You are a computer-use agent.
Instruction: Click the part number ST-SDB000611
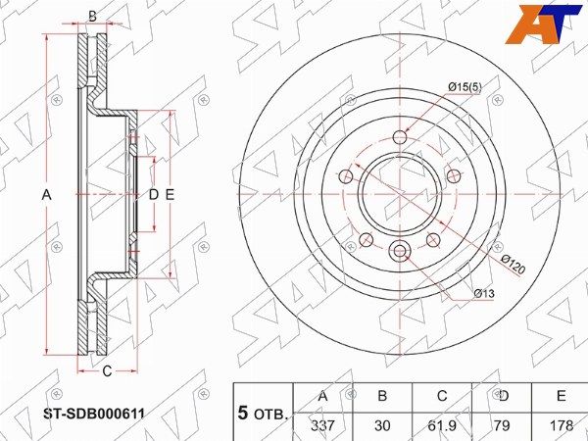tap(94, 414)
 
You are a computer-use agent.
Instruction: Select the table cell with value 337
tap(322, 425)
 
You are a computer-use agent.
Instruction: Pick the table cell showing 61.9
tap(443, 425)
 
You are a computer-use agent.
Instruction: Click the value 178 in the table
tap(562, 425)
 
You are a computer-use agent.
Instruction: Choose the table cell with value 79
tap(502, 425)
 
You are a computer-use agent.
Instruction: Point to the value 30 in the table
tap(382, 425)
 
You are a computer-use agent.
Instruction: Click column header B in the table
tap(382, 396)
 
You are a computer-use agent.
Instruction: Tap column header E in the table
tap(562, 396)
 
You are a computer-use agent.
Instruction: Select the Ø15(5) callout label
tap(465, 87)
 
